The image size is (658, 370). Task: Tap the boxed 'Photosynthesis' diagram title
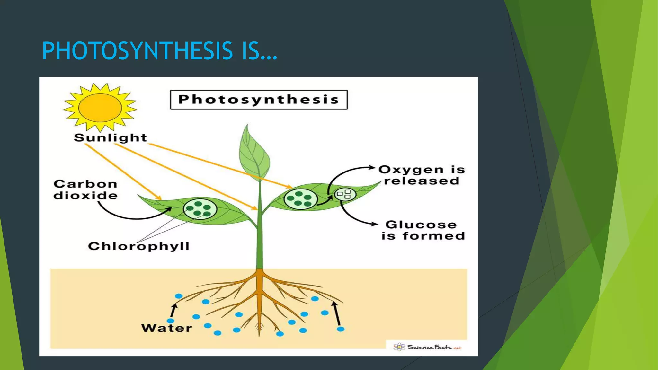click(259, 100)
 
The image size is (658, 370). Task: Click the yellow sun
click(100, 107)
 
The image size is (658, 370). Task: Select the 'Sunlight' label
click(110, 138)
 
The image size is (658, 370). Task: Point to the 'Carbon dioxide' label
click(85, 189)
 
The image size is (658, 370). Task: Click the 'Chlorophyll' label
click(138, 246)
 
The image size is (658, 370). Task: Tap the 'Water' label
click(166, 328)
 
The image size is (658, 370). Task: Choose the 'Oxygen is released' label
click(422, 175)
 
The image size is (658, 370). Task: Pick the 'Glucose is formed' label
click(423, 230)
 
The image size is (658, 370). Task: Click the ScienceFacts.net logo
click(427, 347)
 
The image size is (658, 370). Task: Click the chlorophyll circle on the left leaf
click(200, 209)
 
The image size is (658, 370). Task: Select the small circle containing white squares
click(345, 194)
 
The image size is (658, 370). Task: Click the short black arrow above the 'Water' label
click(174, 310)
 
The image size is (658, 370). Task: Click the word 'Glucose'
click(421, 225)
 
